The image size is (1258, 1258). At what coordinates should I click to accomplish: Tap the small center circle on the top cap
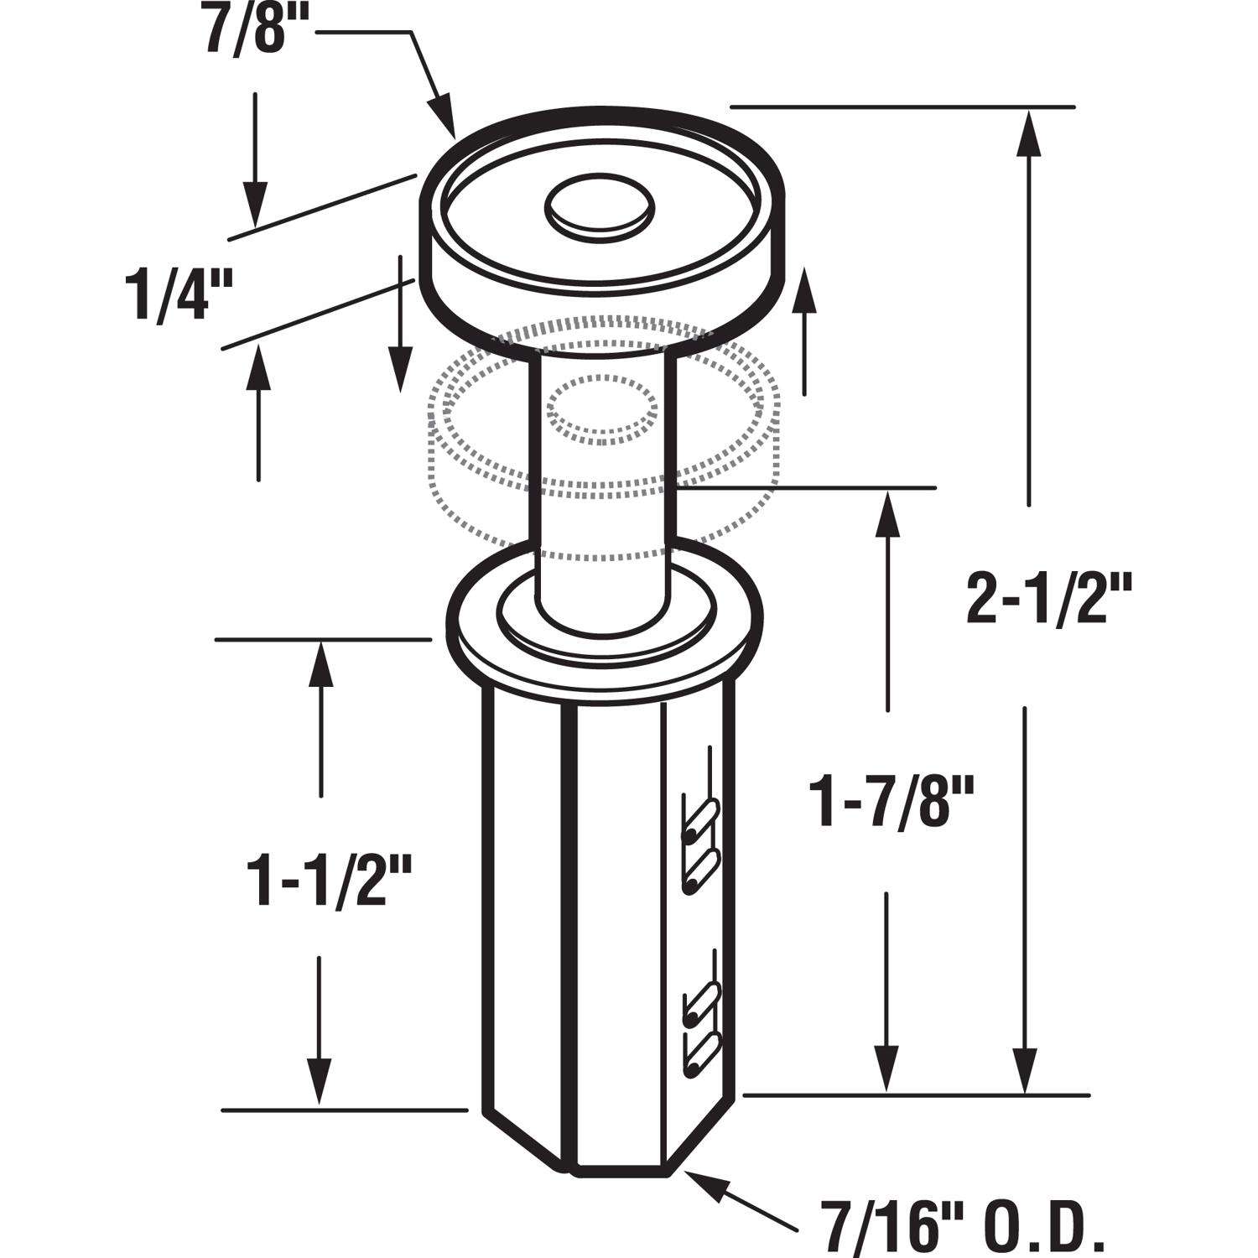click(x=599, y=204)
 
